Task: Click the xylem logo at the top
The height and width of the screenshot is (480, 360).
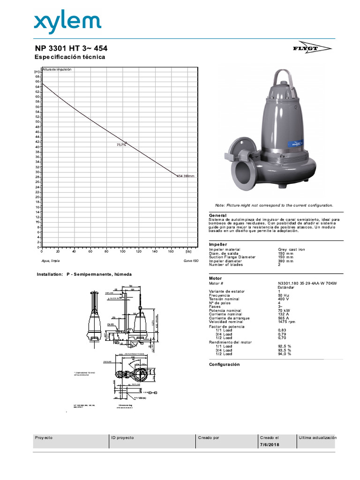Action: click(67, 22)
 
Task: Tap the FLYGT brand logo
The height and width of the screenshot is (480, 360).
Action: click(319, 49)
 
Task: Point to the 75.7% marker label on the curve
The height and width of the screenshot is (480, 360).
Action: click(121, 145)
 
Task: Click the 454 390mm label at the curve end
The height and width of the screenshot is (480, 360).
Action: click(186, 176)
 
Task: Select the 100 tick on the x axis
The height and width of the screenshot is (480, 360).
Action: click(122, 251)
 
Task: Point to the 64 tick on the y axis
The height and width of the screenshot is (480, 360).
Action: click(37, 87)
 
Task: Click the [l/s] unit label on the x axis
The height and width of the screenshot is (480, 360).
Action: click(188, 251)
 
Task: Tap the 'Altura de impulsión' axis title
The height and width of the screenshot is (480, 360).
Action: click(57, 69)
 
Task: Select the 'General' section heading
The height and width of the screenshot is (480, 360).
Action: click(217, 215)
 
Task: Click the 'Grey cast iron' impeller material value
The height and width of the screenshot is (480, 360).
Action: click(292, 249)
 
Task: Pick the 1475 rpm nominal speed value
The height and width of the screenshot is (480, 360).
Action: click(287, 322)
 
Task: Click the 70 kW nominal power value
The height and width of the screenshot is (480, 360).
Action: click(284, 310)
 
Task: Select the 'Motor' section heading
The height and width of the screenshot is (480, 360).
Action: click(216, 278)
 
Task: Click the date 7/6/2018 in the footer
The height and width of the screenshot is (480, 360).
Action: click(270, 444)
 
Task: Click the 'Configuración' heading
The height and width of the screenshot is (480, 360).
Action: click(224, 364)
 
